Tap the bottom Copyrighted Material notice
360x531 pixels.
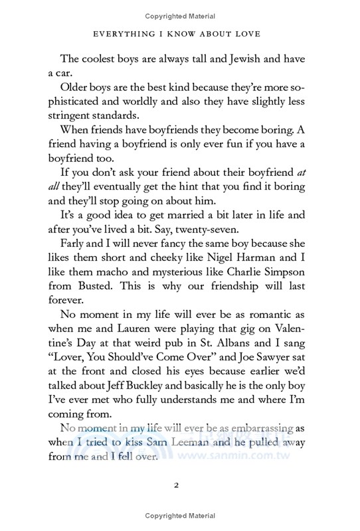pos(180,516)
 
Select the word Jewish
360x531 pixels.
pos(229,58)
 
